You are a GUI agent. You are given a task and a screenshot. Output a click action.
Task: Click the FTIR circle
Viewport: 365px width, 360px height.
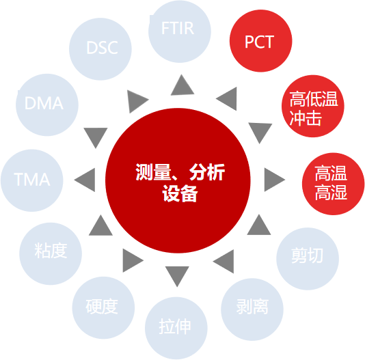tap(180, 31)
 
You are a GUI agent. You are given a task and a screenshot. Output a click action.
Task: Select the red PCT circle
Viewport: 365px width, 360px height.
tap(260, 41)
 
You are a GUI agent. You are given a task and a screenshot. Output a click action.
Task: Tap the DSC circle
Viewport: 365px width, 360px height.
tap(100, 49)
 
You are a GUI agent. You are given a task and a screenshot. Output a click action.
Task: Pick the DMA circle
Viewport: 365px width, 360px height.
tap(47, 105)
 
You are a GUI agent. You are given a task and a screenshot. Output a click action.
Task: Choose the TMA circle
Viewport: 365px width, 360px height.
tap(32, 180)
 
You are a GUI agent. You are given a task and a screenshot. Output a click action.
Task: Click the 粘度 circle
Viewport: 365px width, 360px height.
tap(51, 253)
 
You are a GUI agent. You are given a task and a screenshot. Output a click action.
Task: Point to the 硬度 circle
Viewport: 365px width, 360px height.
tap(103, 307)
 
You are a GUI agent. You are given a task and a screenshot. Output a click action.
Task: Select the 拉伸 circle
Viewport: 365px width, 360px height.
tap(176, 328)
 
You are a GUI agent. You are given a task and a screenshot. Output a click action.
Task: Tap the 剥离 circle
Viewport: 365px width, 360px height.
tap(252, 309)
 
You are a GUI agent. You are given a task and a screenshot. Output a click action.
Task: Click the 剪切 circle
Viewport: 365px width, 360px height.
tap(308, 259)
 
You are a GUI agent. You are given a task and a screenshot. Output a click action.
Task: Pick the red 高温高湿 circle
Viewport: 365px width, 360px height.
tap(333, 184)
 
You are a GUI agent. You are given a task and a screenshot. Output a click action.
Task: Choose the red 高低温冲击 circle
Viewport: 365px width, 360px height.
tap(313, 106)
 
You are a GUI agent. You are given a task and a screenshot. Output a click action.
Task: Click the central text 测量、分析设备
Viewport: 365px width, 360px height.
tap(180, 182)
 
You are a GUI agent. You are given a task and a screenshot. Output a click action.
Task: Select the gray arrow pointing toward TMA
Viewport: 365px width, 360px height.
tap(86, 180)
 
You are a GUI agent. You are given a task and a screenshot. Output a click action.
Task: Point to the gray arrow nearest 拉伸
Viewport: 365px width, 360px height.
tap(177, 275)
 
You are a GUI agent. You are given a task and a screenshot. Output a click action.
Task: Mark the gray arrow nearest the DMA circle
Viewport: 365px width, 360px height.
tap(96, 136)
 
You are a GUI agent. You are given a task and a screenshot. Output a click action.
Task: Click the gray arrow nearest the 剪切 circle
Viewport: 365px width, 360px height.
tap(259, 226)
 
